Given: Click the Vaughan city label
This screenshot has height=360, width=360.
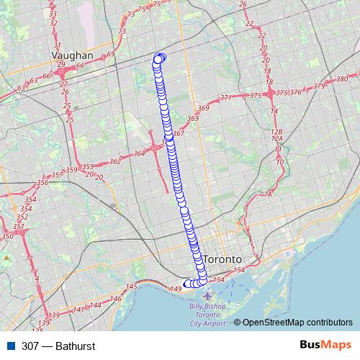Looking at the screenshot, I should tap(73, 55).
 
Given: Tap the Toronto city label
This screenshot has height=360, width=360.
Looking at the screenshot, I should tap(224, 258).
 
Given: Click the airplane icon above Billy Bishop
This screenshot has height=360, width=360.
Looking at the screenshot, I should tap(208, 296).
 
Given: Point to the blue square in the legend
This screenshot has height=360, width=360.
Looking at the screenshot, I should tap(11, 346).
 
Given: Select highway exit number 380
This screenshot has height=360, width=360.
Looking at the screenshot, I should tap(342, 78).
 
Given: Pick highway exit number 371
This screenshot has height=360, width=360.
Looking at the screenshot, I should tap(225, 98).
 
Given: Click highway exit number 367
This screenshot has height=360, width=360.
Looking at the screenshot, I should tap(179, 133).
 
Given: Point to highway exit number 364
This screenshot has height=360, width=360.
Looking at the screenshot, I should tap(140, 153).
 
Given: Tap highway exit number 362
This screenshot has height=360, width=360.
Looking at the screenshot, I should tap(114, 162).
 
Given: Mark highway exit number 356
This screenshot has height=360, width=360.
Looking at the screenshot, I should tap(42, 183).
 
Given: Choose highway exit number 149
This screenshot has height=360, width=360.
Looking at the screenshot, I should tap(174, 289).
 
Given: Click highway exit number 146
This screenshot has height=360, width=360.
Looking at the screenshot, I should tap(115, 298).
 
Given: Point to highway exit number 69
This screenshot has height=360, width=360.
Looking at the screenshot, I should tap(110, 54).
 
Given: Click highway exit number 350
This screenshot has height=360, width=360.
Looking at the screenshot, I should tap(8, 236).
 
